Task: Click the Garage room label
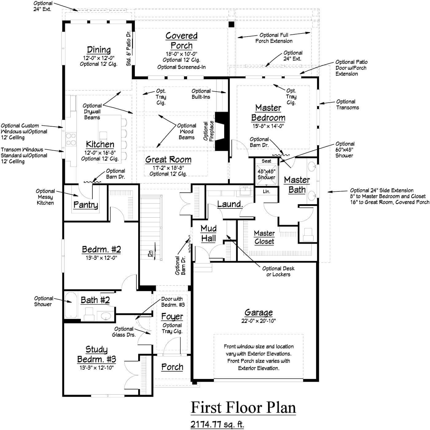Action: click(x=258, y=313)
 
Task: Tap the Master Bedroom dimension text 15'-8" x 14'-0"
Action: click(x=268, y=126)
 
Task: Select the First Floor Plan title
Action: click(x=243, y=408)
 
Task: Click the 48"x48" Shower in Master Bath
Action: click(x=266, y=174)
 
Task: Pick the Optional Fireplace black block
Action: click(x=221, y=131)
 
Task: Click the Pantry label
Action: click(x=86, y=205)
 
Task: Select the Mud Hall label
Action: click(x=209, y=233)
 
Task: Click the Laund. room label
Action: click(x=230, y=204)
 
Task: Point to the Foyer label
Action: click(x=172, y=317)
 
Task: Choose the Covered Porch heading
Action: click(x=182, y=41)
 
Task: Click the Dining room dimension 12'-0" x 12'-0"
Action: click(x=99, y=58)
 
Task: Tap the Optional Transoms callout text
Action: click(x=347, y=105)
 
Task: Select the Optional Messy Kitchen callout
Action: click(x=45, y=197)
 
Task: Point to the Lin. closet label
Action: click(x=266, y=191)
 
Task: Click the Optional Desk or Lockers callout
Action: click(x=278, y=271)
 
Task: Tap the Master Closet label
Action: click(x=264, y=237)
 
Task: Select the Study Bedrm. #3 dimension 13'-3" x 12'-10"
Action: click(x=96, y=368)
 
